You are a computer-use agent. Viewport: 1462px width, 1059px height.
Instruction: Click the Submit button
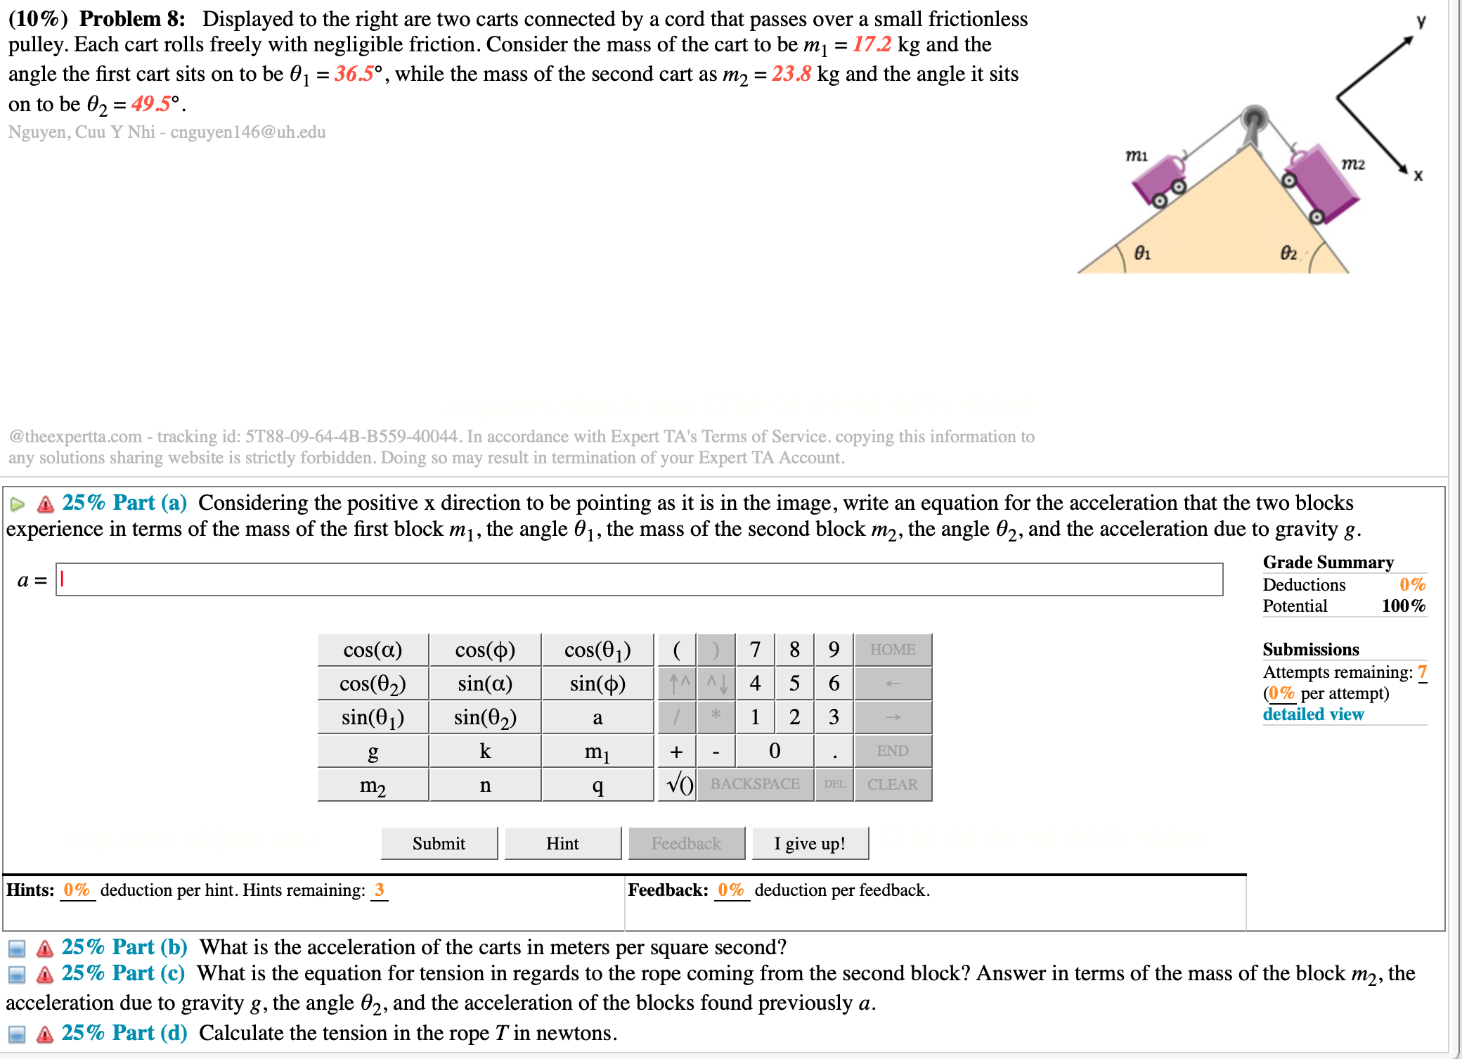coord(439,843)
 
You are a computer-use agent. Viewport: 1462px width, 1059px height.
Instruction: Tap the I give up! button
coord(810,843)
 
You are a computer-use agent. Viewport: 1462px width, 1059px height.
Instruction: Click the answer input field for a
coord(638,579)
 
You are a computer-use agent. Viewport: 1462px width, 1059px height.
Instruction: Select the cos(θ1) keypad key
coord(597,650)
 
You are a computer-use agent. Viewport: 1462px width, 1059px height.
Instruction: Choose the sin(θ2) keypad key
coord(485,717)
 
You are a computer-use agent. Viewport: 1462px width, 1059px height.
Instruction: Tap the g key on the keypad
coord(373,751)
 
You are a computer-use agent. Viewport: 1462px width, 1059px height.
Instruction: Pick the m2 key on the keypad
coord(373,785)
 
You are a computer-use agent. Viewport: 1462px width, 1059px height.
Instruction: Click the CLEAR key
coord(892,785)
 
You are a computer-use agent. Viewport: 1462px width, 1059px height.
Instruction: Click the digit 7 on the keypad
coord(755,650)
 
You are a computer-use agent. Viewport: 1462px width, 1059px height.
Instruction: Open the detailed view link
coord(1312,714)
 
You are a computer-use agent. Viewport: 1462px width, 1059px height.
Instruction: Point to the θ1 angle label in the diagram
coord(1142,252)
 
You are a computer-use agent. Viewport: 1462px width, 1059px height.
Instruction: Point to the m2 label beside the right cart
coord(1352,164)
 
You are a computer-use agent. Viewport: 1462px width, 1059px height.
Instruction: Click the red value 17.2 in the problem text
coord(872,44)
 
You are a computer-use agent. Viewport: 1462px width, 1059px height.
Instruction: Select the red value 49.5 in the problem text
coord(150,104)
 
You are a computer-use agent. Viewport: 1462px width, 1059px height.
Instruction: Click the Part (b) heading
coord(124,947)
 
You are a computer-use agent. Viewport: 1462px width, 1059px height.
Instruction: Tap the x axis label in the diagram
coord(1418,176)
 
